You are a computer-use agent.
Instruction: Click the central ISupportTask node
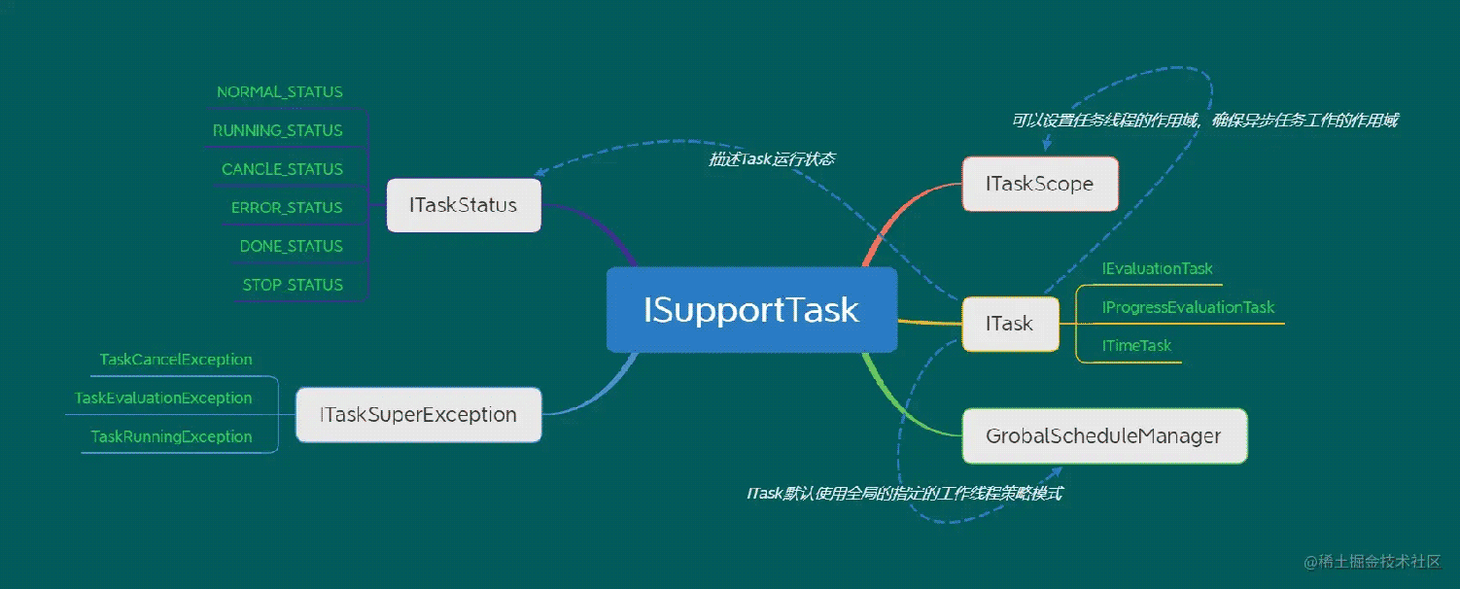[x=751, y=310]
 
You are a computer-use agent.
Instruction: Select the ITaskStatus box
[x=464, y=205]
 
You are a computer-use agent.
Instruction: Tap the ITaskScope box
[x=1039, y=184]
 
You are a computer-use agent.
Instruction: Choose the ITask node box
[x=1010, y=324]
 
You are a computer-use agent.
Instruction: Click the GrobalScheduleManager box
[x=1103, y=435]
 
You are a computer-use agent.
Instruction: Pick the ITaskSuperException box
[x=418, y=415]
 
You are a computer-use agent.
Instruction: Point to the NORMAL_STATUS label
[x=280, y=92]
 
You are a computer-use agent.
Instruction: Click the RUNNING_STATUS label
[x=278, y=130]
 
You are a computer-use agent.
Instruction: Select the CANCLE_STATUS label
[x=282, y=169]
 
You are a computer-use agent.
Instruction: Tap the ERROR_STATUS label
[x=287, y=208]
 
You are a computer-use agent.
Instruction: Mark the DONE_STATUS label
[x=292, y=247]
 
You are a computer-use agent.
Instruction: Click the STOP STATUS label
[x=293, y=285]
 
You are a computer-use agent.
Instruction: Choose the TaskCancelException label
[x=176, y=360]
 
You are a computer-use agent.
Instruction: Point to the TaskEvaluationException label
[x=163, y=398]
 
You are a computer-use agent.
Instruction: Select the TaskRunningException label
[x=171, y=437]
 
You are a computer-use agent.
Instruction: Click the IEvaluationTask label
[x=1157, y=268]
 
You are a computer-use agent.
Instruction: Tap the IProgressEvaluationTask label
[x=1188, y=307]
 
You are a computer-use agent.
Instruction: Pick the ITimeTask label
[x=1136, y=346]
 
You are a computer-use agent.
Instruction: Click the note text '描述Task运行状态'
[x=771, y=159]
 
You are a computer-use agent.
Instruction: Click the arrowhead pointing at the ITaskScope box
[x=1047, y=146]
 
